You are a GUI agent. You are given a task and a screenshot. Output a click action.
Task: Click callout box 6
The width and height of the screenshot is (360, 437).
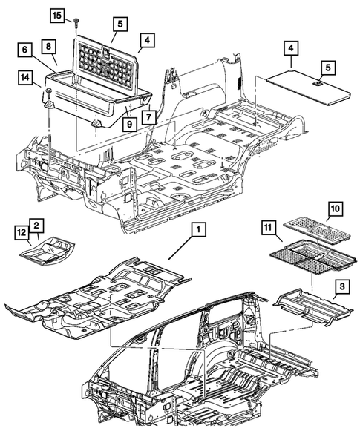25,50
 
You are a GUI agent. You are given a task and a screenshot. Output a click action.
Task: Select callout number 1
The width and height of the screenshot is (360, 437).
196,231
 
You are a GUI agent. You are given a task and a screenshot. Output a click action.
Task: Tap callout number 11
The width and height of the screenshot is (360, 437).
267,229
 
